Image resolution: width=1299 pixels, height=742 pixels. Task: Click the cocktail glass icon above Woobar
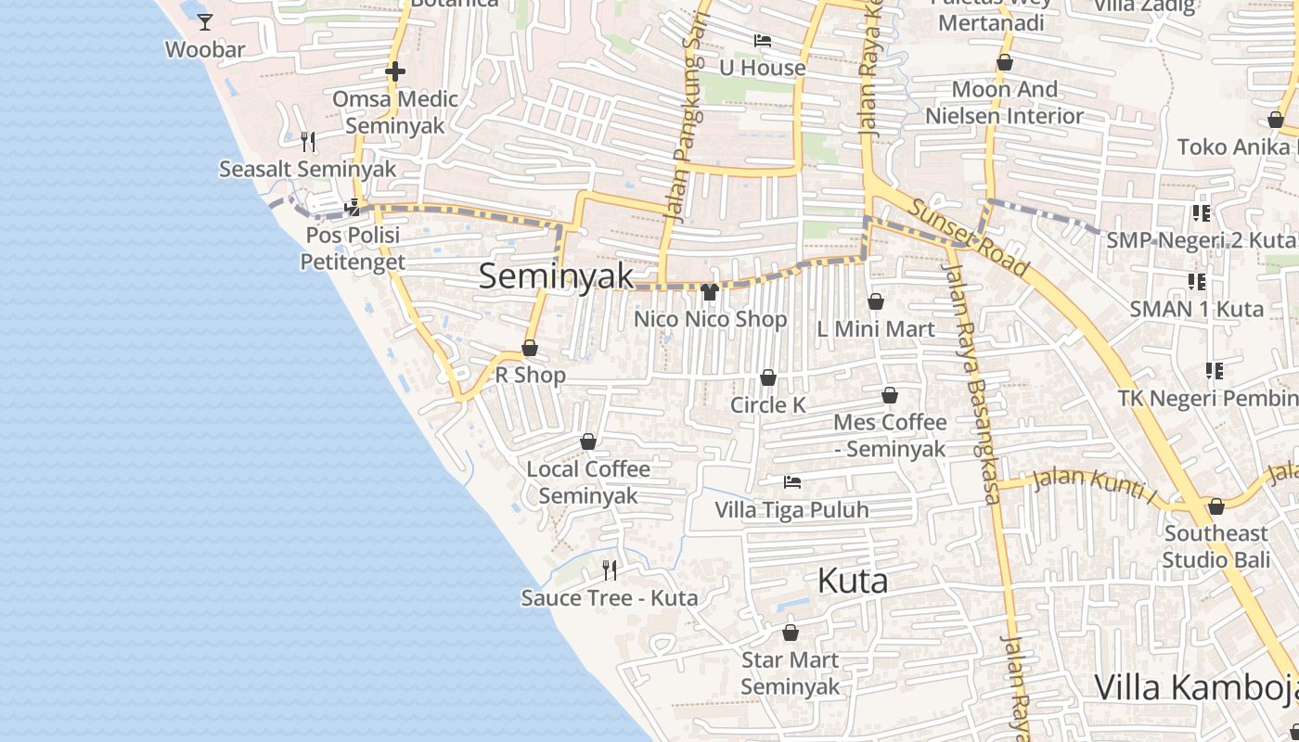point(205,21)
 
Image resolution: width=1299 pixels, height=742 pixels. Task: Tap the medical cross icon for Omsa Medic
point(395,71)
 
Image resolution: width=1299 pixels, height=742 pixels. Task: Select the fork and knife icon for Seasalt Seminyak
point(308,141)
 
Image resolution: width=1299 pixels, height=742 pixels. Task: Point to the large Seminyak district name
point(557,275)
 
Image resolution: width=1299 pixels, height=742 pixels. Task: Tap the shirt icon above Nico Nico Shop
point(710,292)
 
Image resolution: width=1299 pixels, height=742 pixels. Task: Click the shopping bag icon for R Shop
point(530,349)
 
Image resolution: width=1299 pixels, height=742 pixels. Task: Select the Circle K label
point(768,405)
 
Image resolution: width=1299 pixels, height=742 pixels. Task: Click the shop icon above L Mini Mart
point(875,301)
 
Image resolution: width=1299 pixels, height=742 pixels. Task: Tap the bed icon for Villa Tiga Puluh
point(791,482)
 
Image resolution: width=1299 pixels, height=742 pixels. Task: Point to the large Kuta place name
point(852,581)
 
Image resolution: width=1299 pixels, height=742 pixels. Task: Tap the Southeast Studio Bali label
point(1215,546)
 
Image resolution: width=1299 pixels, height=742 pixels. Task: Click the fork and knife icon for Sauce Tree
point(609,569)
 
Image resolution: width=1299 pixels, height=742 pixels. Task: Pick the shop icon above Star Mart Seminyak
point(791,633)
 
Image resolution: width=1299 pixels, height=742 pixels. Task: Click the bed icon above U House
point(763,41)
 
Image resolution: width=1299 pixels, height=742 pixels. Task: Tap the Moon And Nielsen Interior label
point(1005,102)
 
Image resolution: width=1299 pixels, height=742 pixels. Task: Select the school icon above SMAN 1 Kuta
point(1197,281)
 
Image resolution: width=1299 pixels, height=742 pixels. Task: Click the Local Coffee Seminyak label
point(588,482)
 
